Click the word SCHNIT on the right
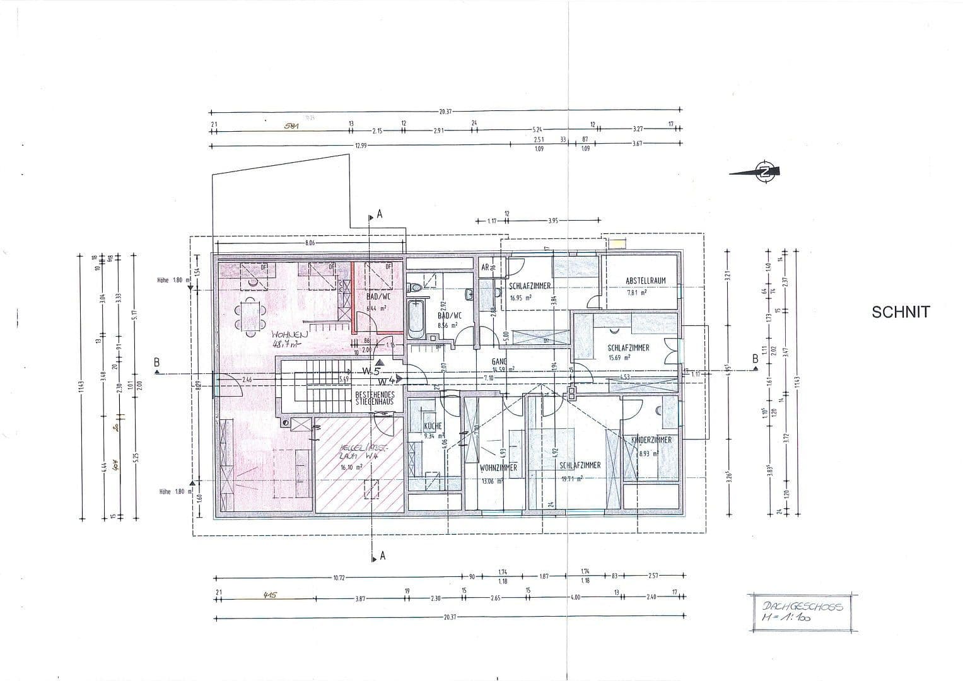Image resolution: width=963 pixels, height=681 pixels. coord(901,311)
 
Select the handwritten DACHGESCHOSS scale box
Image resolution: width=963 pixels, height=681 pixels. coord(800,612)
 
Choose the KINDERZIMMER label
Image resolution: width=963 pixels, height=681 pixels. coord(651,439)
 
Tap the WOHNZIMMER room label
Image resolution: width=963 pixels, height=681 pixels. coord(498,468)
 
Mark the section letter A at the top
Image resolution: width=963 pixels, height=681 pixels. coord(380,214)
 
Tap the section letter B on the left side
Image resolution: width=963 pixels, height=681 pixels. coord(156,362)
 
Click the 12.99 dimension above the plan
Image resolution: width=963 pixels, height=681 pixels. coord(360,145)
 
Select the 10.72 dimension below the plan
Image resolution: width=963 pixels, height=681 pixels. coord(339,578)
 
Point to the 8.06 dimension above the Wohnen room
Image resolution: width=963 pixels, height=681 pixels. coord(310,242)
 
